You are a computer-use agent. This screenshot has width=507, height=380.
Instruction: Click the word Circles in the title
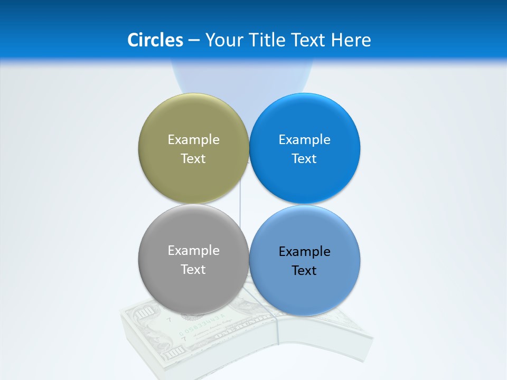pyautogui.click(x=155, y=40)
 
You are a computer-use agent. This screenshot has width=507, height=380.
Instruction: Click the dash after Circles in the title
pyautogui.click(x=194, y=40)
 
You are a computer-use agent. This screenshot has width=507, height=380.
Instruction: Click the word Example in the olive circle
pyautogui.click(x=193, y=139)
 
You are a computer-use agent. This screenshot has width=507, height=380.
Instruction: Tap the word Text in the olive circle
pyautogui.click(x=193, y=158)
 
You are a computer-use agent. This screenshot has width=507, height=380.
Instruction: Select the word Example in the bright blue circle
pyautogui.click(x=304, y=139)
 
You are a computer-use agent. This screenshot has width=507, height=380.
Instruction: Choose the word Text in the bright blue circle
pyautogui.click(x=304, y=158)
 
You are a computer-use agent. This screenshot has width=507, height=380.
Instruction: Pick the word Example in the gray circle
pyautogui.click(x=193, y=250)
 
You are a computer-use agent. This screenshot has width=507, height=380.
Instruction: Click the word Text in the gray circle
pyautogui.click(x=193, y=269)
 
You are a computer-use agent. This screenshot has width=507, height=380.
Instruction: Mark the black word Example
pyautogui.click(x=304, y=251)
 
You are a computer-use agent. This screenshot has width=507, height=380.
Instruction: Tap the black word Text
pyautogui.click(x=304, y=270)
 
